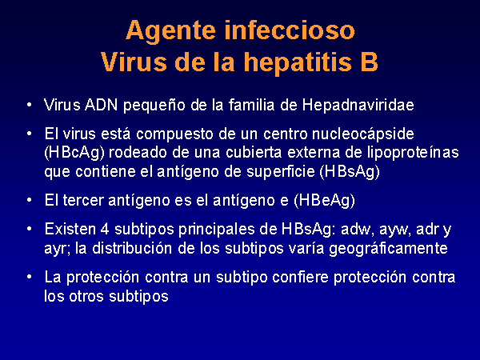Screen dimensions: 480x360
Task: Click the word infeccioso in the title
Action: tap(290, 30)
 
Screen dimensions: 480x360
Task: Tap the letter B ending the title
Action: tap(369, 62)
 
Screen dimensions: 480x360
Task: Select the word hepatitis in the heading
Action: tap(298, 62)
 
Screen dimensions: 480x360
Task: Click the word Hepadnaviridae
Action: tap(358, 105)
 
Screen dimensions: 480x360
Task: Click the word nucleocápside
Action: tap(363, 134)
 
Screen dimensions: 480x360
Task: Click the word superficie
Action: tap(281, 172)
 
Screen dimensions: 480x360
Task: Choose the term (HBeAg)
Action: tap(325, 201)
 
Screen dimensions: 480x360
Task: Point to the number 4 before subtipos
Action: tap(105, 230)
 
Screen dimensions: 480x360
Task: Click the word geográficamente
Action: tap(388, 250)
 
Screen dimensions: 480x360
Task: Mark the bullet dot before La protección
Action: tap(29, 277)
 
